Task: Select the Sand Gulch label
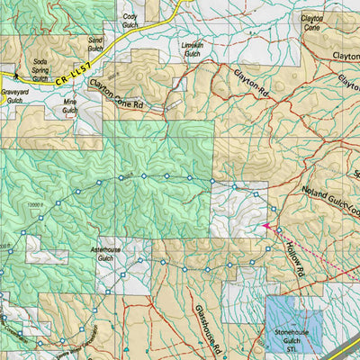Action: click(x=96, y=45)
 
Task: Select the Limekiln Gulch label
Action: click(x=193, y=49)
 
